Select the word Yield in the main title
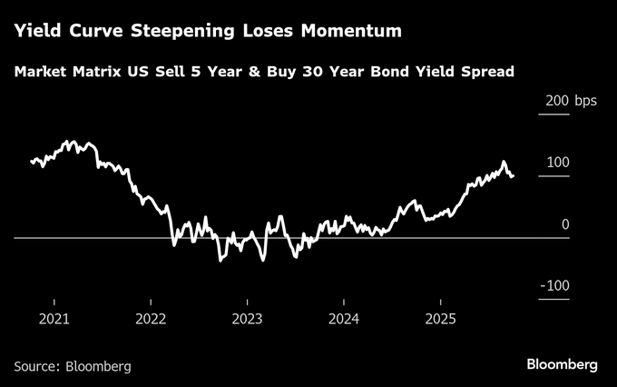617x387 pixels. (x=33, y=32)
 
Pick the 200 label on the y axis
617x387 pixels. (x=558, y=100)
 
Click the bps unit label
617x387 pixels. (x=585, y=100)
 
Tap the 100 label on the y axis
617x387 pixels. (x=558, y=162)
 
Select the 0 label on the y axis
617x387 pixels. (x=564, y=223)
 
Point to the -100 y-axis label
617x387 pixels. (x=554, y=285)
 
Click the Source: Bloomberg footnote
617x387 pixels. (x=73, y=366)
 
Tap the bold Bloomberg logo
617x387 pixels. (x=563, y=364)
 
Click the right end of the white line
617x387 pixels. (x=513, y=176)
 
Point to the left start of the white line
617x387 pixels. (x=31, y=162)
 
